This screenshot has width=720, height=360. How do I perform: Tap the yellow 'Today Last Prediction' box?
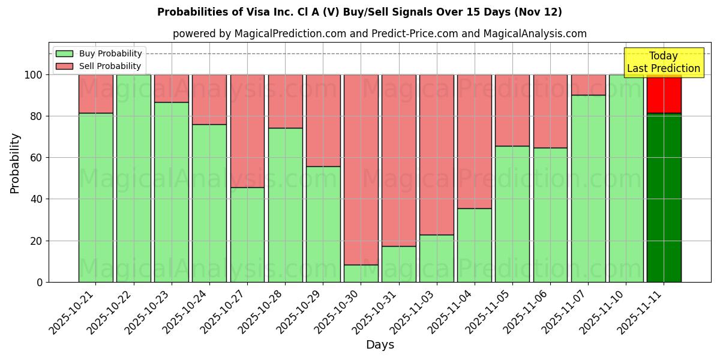coord(663,62)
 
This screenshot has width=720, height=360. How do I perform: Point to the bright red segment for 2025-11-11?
coord(664,94)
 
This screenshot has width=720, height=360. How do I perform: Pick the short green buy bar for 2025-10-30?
coord(361,273)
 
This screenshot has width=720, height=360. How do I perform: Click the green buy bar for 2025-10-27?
coord(247,234)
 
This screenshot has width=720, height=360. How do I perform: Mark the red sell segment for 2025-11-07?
coord(588,85)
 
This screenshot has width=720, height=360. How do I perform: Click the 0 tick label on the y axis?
coord(40,282)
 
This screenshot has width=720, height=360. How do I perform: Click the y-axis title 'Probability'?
coord(15,163)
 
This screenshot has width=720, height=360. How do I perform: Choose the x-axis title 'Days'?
coord(380,345)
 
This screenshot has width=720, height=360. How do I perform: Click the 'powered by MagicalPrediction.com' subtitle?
coord(379,34)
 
